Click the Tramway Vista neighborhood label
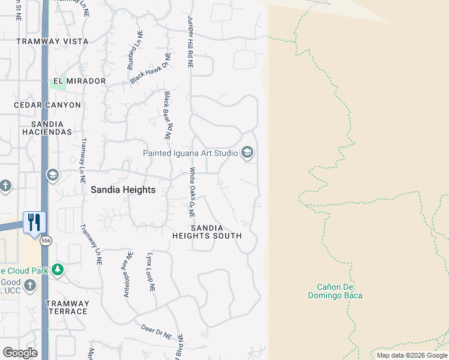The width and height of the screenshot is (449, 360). click(52, 41)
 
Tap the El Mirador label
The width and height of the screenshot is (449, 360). click(79, 81)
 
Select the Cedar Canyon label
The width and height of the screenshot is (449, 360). click(47, 105)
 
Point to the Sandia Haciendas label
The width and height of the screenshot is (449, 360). click(47, 127)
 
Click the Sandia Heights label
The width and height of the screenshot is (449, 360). click(123, 190)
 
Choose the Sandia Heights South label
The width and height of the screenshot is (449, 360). click(207, 232)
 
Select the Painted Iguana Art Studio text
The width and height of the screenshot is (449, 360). click(190, 153)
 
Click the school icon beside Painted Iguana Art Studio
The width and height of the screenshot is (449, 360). click(247, 153)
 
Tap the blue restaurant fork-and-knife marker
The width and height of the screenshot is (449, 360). click(34, 222)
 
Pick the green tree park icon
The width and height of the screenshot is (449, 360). click(58, 269)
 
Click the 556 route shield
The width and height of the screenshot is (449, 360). click(46, 241)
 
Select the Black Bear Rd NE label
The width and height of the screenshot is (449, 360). click(168, 116)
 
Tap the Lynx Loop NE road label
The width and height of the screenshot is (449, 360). click(151, 271)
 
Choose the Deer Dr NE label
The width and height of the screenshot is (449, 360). click(157, 329)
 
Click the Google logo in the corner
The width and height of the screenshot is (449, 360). click(20, 352)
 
